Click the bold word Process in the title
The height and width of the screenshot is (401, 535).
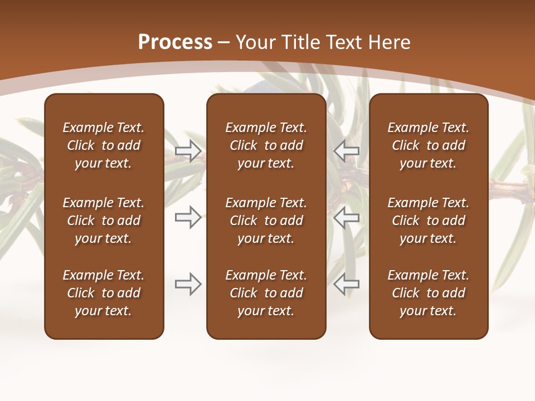pos(175,42)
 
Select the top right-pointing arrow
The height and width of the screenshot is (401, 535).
pos(188,150)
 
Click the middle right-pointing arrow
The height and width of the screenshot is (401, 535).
pos(188,217)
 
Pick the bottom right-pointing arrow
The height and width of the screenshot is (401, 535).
pos(188,284)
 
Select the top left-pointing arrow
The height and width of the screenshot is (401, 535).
pos(347,150)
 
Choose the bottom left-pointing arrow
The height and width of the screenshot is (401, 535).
pos(347,284)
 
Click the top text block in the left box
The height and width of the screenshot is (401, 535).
pos(104,145)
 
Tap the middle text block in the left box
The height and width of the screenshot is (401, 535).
pos(104,221)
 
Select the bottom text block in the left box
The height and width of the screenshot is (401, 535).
pos(104,293)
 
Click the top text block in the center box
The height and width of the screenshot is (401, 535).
pos(266,145)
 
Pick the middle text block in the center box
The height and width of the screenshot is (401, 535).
pos(266,221)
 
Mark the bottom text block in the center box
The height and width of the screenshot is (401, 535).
pos(266,293)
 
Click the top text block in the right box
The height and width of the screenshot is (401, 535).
pos(428,145)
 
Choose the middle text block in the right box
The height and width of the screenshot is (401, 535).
pos(428,221)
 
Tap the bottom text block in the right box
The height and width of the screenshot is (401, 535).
pos(428,293)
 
